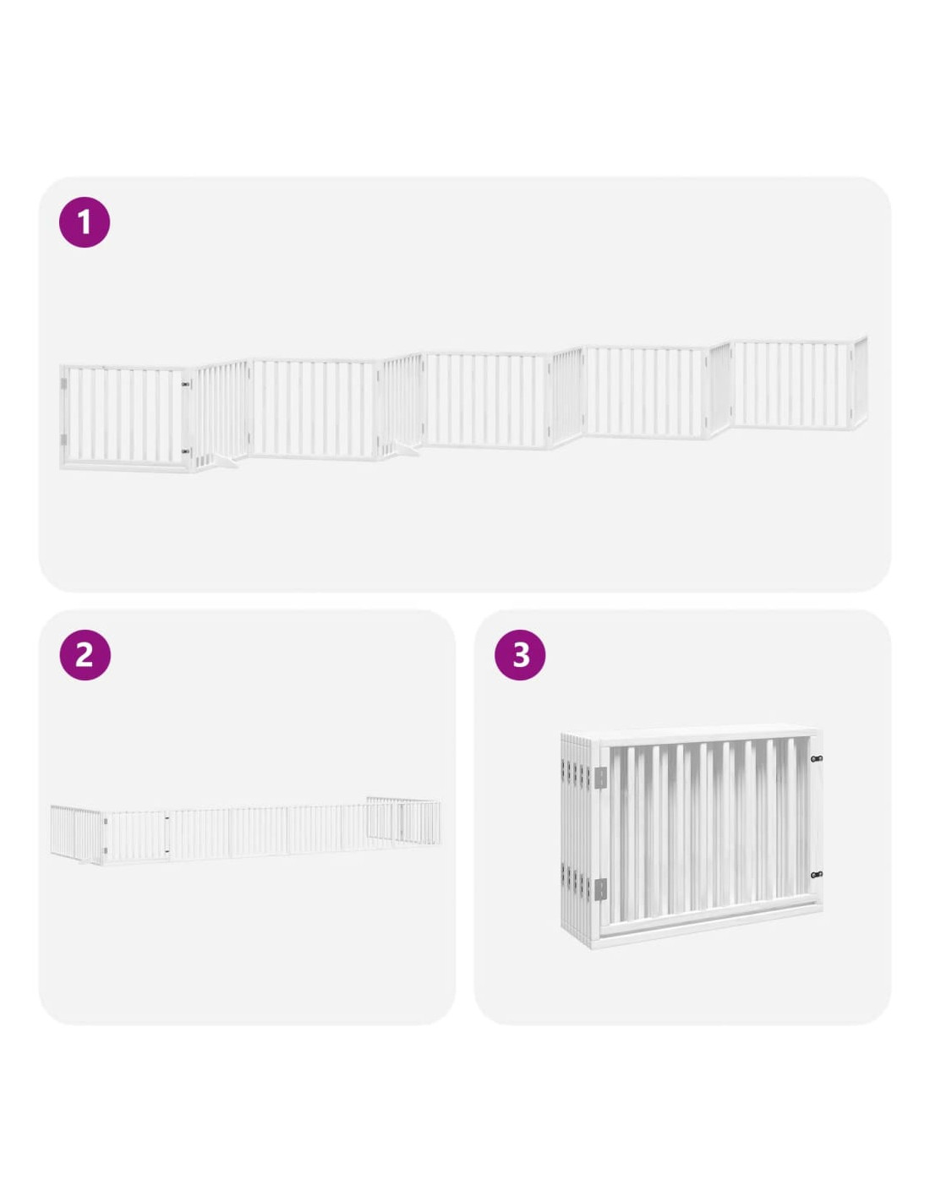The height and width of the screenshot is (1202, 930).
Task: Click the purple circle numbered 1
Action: click(85, 223)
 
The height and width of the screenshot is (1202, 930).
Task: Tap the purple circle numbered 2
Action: click(85, 655)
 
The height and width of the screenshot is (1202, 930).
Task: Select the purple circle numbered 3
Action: click(520, 655)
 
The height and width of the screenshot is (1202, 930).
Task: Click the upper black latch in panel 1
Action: click(185, 383)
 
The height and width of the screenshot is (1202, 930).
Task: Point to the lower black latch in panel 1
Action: click(185, 451)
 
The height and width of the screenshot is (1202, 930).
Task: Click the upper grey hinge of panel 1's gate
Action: click(63, 383)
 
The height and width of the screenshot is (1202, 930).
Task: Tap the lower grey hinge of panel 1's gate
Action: click(63, 440)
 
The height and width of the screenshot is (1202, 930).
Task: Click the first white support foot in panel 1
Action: click(226, 462)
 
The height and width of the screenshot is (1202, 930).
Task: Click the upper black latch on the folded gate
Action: click(816, 758)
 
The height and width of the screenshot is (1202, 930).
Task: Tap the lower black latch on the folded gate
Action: click(816, 876)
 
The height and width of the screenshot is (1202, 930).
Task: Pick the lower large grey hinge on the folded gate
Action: click(600, 889)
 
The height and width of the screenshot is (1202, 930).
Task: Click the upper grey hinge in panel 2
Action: click(105, 822)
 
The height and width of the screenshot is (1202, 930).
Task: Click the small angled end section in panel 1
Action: click(861, 383)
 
